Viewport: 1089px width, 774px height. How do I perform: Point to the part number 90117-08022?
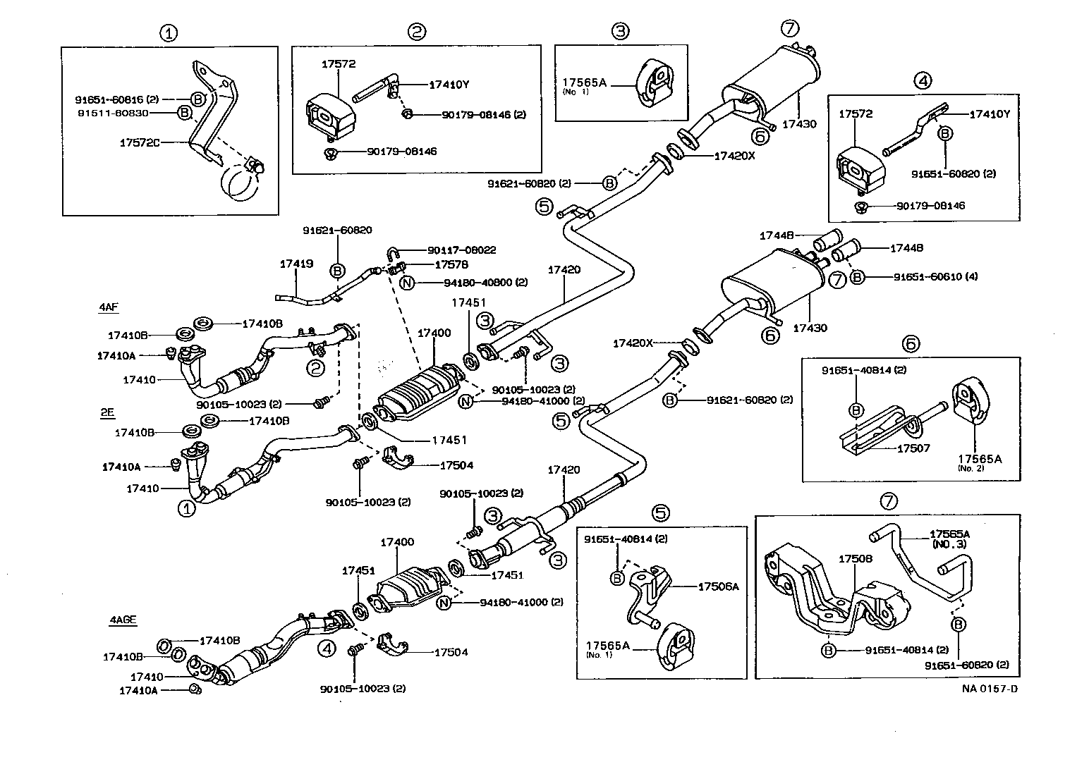click(461, 250)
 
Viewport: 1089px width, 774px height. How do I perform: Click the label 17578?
click(451, 265)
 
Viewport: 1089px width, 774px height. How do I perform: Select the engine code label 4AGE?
click(122, 620)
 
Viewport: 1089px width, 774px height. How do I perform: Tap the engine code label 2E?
click(107, 414)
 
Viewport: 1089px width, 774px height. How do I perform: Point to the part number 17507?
click(914, 448)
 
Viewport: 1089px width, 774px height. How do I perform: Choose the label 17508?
click(855, 558)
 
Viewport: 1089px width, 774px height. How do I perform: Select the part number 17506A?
click(718, 586)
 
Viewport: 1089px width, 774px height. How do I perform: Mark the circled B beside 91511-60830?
click(184, 112)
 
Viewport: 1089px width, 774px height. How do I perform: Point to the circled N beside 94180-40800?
click(407, 283)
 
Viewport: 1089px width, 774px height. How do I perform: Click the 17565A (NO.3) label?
click(949, 539)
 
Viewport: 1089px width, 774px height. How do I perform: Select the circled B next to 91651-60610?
click(857, 277)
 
